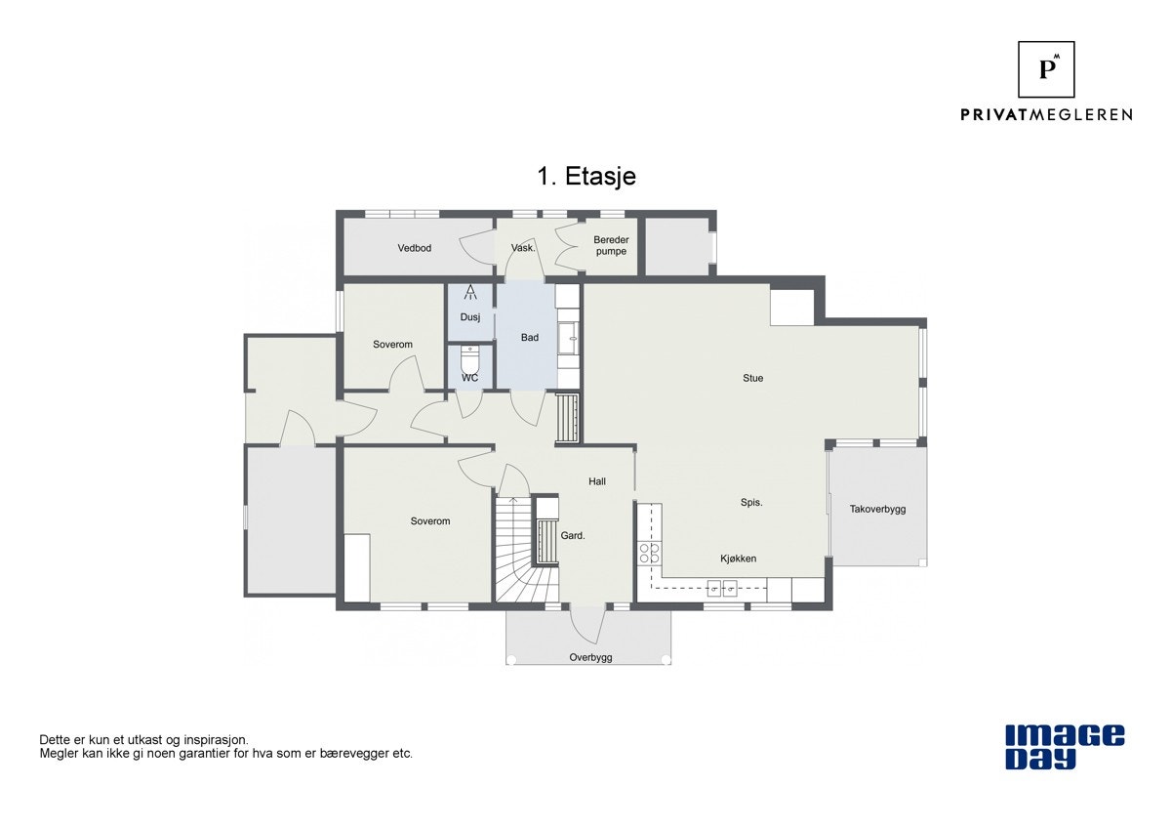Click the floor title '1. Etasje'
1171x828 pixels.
coord(585,177)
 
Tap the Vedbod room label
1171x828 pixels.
coord(414,248)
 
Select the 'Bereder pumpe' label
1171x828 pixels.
coord(612,245)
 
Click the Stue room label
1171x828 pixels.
coord(752,378)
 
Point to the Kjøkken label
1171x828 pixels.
coord(738,559)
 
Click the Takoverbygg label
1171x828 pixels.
coord(876,509)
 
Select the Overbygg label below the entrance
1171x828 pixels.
coord(590,657)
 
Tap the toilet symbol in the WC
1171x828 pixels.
coord(470,356)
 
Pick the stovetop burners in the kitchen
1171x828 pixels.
coord(649,554)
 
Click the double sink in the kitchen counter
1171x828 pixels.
coord(722,587)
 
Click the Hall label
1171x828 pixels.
coord(597,481)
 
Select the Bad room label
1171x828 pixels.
coord(529,338)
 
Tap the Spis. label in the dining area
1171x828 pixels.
coord(750,503)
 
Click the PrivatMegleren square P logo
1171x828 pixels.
coord(1046,69)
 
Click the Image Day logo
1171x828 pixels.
coord(1064,747)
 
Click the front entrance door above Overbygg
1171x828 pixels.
coord(587,623)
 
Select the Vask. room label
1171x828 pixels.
coord(523,248)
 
